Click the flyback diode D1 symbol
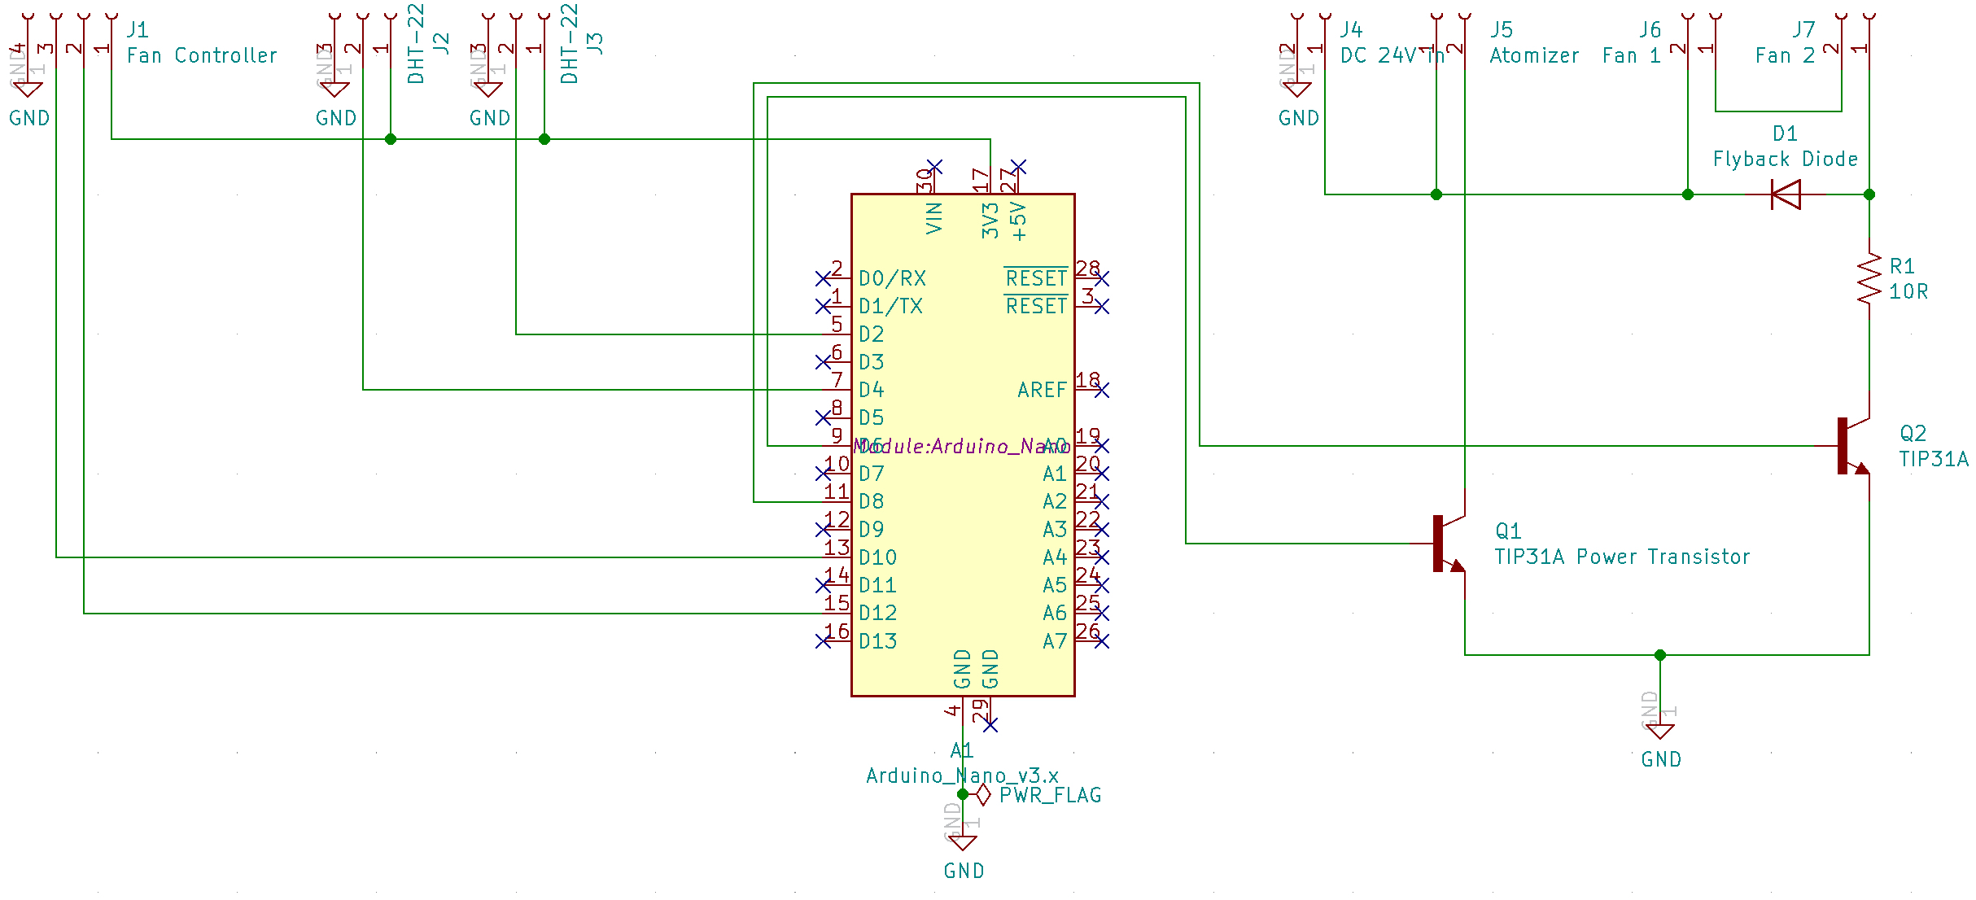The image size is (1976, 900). pos(1786,194)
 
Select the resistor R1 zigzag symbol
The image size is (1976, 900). pos(1869,279)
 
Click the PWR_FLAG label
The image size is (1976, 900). pos(1050,795)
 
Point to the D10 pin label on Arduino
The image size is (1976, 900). pos(877,557)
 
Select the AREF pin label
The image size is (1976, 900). pos(1041,390)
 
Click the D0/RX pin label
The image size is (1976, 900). pos(892,278)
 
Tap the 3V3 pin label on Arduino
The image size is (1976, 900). pos(990,221)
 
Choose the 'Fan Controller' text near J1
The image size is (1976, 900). pos(202,55)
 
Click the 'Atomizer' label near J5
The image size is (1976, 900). pos(1534,55)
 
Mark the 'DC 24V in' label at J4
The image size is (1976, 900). pos(1392,55)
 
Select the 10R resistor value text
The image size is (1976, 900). pos(1908,291)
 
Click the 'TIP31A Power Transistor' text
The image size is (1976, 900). pos(1622,557)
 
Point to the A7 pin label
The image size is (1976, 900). pos(1054,641)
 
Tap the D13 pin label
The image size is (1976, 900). pos(877,641)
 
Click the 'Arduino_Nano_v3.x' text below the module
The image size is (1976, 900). pos(962,775)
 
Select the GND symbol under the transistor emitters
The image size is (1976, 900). pos(1660,732)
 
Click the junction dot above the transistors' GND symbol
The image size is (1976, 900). pos(1660,655)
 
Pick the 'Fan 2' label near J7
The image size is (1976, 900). pos(1785,55)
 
